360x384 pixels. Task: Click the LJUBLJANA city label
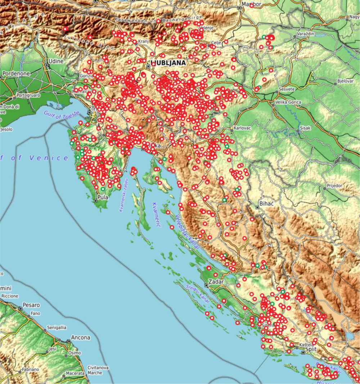pyautogui.click(x=168, y=63)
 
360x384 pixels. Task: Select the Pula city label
pyautogui.click(x=102, y=198)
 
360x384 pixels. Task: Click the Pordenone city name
pyautogui.click(x=17, y=73)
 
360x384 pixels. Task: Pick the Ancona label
pyautogui.click(x=81, y=338)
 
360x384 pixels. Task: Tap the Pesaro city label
pyautogui.click(x=31, y=305)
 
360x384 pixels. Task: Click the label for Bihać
pyautogui.click(x=265, y=204)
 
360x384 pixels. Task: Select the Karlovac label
pyautogui.click(x=242, y=128)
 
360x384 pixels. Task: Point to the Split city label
pyautogui.click(x=312, y=349)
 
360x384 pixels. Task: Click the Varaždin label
pyautogui.click(x=306, y=33)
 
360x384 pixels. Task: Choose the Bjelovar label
pyautogui.click(x=346, y=81)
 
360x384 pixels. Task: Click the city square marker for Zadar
pyautogui.click(x=206, y=285)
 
